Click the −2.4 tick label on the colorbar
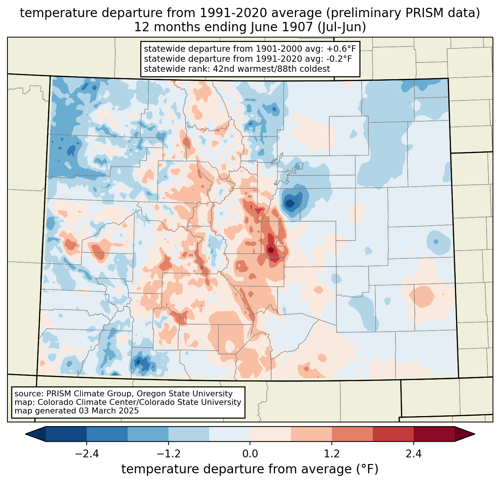(x=86, y=454)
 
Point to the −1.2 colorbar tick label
(x=168, y=454)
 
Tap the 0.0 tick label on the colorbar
(x=250, y=454)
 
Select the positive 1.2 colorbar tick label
(x=332, y=454)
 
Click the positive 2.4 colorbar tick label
(x=414, y=454)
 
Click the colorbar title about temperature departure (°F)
(x=250, y=469)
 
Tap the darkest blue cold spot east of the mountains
(x=289, y=203)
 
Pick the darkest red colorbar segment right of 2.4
(x=434, y=434)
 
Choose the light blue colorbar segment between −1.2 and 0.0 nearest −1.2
(x=189, y=434)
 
